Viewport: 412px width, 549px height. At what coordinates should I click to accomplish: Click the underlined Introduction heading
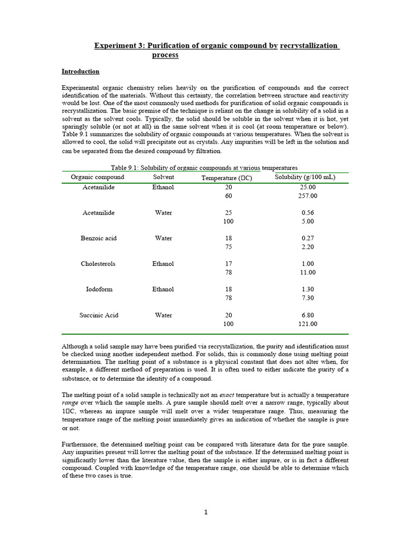pos(80,71)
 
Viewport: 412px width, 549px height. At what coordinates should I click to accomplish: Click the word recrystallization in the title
pos(310,46)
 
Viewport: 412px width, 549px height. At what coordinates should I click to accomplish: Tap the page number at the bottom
pos(205,512)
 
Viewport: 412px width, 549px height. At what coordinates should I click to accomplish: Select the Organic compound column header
pos(98,177)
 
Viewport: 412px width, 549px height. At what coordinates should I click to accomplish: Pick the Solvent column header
pos(164,177)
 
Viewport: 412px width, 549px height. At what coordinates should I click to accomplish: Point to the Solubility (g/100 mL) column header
pos(305,177)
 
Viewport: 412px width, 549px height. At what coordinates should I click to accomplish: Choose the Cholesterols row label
pos(98,264)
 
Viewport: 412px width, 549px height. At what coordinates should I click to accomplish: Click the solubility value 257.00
pos(308,196)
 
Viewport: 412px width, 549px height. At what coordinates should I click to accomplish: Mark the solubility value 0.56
pos(308,213)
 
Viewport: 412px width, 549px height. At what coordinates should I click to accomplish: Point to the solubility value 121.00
pos(308,324)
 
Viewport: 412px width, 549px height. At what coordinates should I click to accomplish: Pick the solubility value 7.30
pos(308,298)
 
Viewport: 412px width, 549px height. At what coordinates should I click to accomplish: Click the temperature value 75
pos(229,247)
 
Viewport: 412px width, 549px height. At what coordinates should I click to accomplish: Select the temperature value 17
pos(229,264)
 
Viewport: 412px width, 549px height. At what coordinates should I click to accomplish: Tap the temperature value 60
pos(229,196)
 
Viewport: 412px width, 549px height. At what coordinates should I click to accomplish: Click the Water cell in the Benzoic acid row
pos(164,238)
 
